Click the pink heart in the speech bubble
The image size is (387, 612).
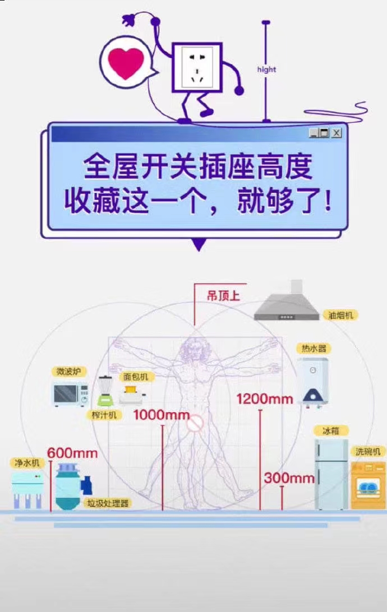126,62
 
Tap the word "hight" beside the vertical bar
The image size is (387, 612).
266,69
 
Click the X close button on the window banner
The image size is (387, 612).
336,133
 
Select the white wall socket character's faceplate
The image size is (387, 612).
197,67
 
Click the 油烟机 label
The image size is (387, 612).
340,314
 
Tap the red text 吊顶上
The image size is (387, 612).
223,296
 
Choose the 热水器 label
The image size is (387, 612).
314,348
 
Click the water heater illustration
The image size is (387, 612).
313,382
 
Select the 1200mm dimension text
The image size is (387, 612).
265,399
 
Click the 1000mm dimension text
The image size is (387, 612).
162,415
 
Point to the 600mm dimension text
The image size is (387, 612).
72,453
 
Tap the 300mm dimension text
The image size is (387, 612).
289,477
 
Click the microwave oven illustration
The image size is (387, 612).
71,393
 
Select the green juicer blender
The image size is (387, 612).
105,391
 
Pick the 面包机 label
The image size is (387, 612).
136,377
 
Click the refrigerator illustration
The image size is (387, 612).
331,474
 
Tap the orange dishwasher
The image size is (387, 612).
368,485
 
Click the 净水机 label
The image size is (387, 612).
26,463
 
